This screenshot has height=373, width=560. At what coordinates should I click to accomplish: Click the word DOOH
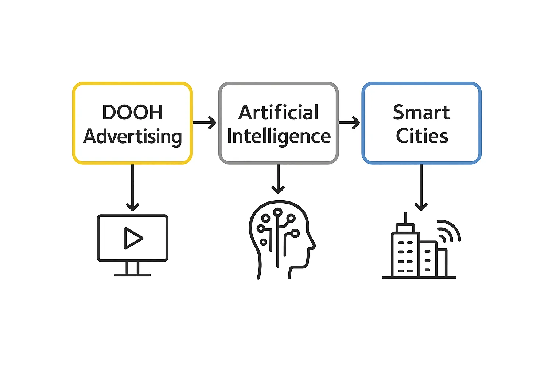pos(132,112)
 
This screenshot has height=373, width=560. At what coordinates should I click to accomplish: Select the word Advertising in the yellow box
pos(132,137)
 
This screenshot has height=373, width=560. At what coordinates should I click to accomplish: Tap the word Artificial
pos(279,112)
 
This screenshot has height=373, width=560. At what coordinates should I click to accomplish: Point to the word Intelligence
pos(279,137)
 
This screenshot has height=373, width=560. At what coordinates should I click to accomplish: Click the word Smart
pos(421,112)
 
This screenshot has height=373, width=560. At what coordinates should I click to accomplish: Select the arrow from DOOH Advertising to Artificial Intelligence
pos(205,122)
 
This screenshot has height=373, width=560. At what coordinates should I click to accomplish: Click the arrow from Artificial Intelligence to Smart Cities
pos(349,122)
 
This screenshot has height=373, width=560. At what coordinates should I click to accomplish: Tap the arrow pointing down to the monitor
pos(132,188)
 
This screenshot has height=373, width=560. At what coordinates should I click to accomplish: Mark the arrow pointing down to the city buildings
pos(421,188)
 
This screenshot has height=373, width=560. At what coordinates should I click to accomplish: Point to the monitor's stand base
pos(132,275)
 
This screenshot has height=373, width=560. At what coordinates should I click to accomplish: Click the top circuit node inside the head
pos(278,212)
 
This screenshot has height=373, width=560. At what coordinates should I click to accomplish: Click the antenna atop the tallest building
pos(405,218)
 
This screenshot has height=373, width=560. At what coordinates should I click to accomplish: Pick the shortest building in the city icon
pos(442,262)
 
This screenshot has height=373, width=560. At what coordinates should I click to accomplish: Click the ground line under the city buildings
pos(419,278)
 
